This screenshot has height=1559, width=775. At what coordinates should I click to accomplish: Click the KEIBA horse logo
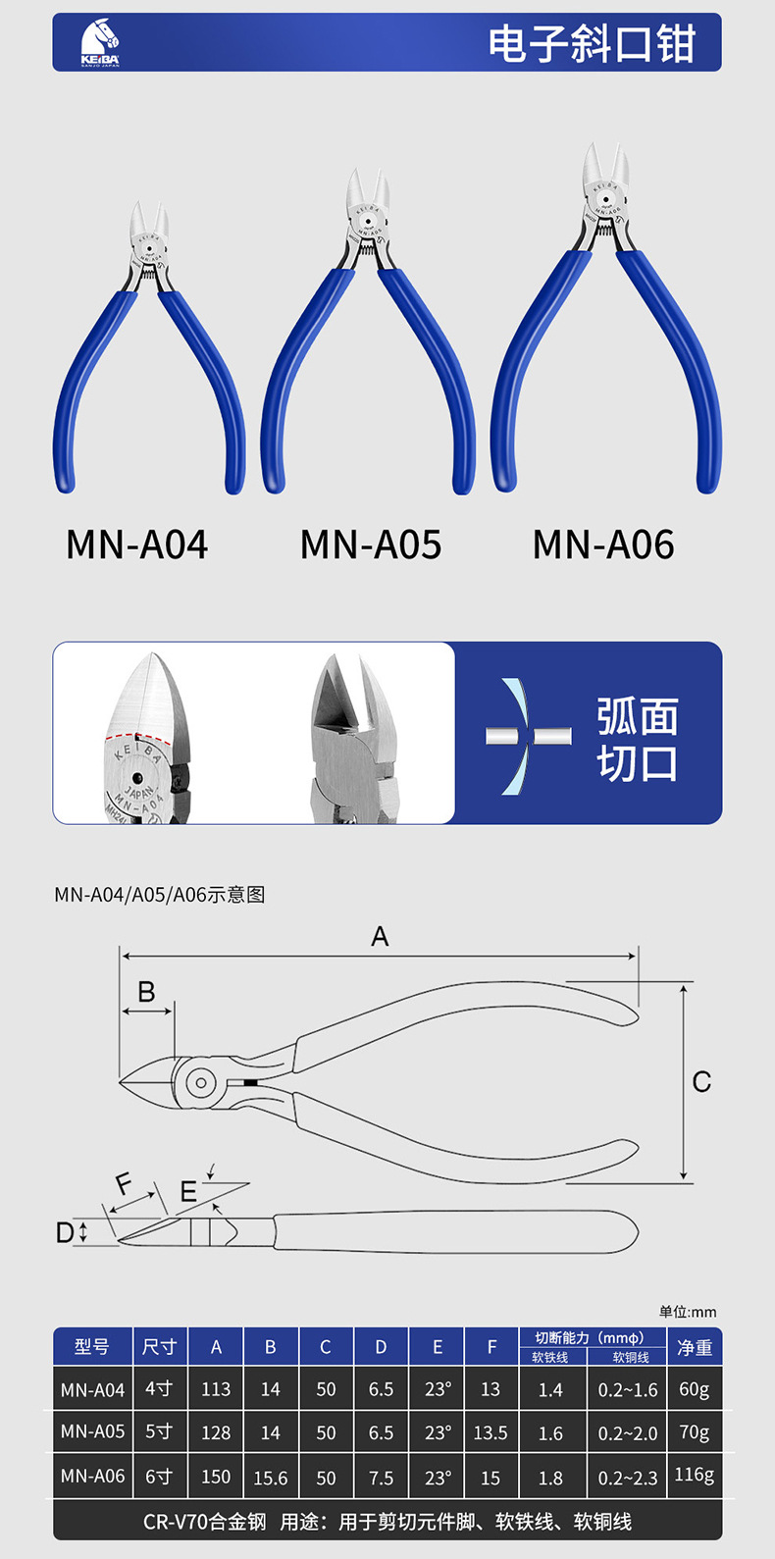pyautogui.click(x=99, y=43)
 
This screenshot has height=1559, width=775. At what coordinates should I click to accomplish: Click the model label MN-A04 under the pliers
pyautogui.click(x=136, y=545)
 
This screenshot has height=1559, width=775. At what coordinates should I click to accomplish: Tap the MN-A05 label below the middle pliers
pyautogui.click(x=371, y=545)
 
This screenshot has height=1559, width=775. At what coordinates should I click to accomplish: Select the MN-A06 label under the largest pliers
pyautogui.click(x=603, y=545)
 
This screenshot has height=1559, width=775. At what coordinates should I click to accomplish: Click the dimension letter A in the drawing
pyautogui.click(x=380, y=937)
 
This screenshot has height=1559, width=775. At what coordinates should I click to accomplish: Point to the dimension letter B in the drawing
pyautogui.click(x=146, y=992)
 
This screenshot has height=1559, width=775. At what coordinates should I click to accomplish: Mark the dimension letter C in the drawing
pyautogui.click(x=701, y=1081)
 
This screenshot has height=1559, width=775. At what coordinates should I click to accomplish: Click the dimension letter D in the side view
pyautogui.click(x=65, y=1232)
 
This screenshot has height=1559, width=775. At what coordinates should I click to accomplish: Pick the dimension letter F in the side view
pyautogui.click(x=124, y=1184)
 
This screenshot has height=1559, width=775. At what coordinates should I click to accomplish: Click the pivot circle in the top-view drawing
pyautogui.click(x=200, y=1083)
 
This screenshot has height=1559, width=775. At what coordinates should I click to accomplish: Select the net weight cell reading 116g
pyautogui.click(x=695, y=1475)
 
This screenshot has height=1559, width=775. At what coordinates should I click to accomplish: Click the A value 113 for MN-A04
pyautogui.click(x=216, y=1389)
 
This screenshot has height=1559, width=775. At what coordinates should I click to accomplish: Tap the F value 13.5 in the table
pyautogui.click(x=491, y=1432)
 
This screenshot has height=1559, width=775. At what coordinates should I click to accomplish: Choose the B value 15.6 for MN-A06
pyautogui.click(x=271, y=1477)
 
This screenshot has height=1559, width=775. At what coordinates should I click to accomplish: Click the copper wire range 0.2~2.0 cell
pyautogui.click(x=629, y=1432)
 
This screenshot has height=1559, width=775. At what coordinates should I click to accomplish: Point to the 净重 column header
pyautogui.click(x=695, y=1347)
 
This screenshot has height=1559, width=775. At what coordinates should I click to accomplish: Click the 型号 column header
pyautogui.click(x=92, y=1347)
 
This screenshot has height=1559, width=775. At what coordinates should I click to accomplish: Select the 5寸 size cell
pyautogui.click(x=159, y=1431)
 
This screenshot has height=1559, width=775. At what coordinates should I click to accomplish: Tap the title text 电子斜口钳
pyautogui.click(x=592, y=44)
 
